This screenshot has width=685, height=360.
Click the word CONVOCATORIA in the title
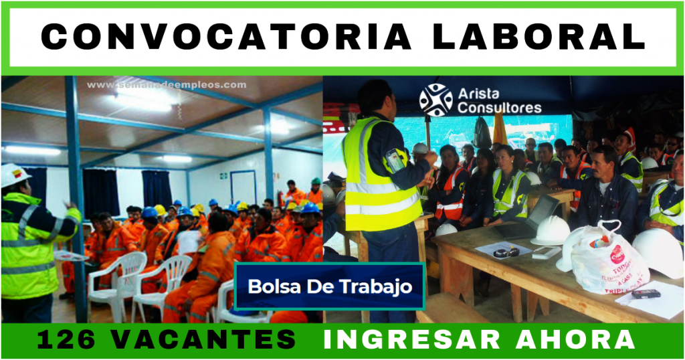[x=226, y=37]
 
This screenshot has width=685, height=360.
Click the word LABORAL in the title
[x=539, y=37]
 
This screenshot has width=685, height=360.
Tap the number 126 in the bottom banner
[x=66, y=339]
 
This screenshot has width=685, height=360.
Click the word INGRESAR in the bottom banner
[x=412, y=339]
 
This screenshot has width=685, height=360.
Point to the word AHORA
[x=575, y=339]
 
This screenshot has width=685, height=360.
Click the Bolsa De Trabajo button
[x=330, y=286]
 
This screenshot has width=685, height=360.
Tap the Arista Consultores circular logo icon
[x=435, y=100]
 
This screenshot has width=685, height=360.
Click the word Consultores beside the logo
[x=499, y=108]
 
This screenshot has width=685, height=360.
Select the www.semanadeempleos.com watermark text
[x=167, y=85]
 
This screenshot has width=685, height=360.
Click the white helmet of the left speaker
[x=14, y=174]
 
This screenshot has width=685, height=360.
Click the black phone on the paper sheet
[x=646, y=294]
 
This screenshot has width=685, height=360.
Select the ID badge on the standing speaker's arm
[x=395, y=161]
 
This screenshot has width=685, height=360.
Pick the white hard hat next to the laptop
[x=551, y=230]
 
